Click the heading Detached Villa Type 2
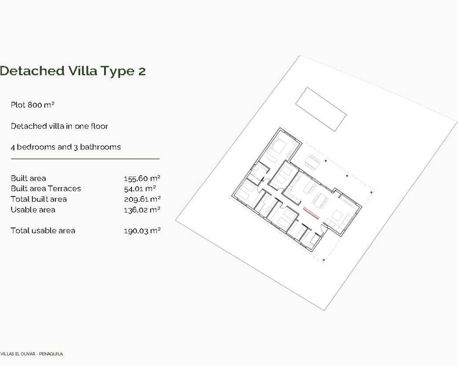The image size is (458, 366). [73, 71]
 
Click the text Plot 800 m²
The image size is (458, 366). [33, 105]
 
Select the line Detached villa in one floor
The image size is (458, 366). [59, 126]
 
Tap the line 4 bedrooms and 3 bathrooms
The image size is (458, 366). [66, 147]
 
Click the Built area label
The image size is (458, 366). [28, 178]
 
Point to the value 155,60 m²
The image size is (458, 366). [142, 178]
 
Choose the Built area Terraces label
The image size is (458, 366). [46, 188]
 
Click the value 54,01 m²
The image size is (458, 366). [140, 189]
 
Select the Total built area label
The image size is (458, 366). [39, 199]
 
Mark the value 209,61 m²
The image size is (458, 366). [142, 199]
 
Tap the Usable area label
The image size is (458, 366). [33, 209]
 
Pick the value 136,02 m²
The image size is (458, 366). [142, 210]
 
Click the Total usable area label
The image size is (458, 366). [43, 231]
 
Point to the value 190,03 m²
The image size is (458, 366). [142, 231]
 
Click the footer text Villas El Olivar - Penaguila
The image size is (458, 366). [31, 354]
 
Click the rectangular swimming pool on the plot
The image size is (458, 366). [321, 109]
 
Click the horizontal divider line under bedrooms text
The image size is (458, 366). [85, 158]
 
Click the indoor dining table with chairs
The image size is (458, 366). [321, 200]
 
